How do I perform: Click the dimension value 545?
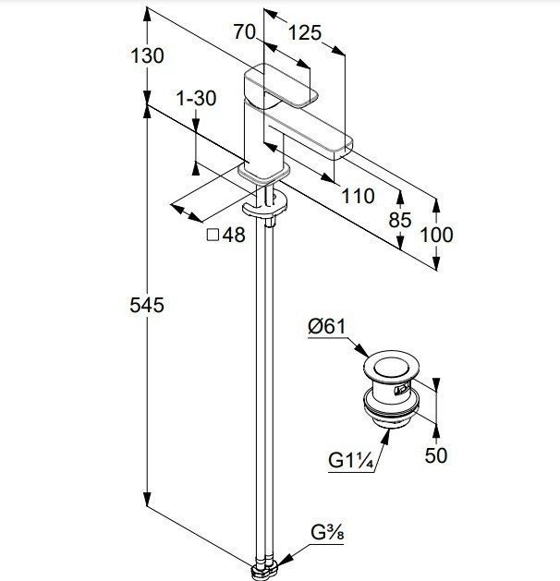[x=146, y=306]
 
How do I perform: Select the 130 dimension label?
[x=146, y=55]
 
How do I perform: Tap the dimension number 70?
[x=244, y=32]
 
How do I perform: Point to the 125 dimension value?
[x=305, y=33]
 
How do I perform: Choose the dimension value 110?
[x=357, y=195]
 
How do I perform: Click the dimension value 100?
[x=436, y=235]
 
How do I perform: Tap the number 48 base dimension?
[x=234, y=235]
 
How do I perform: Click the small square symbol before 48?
[x=213, y=235]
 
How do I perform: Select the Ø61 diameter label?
[x=326, y=326]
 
